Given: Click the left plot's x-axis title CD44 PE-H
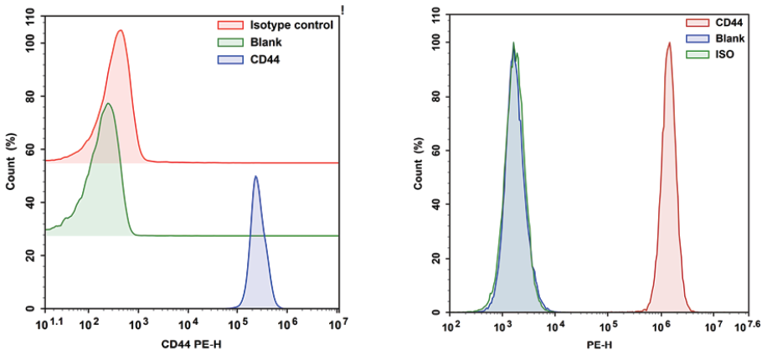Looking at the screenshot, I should tap(193, 344).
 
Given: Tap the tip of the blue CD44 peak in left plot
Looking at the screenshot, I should tap(255, 176).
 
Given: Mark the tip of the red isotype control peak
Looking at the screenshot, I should tap(121, 30).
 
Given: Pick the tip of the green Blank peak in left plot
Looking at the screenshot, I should tap(107, 103).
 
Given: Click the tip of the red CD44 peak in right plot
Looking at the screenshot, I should tap(669, 43).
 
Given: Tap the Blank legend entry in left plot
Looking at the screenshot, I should tap(265, 42).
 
